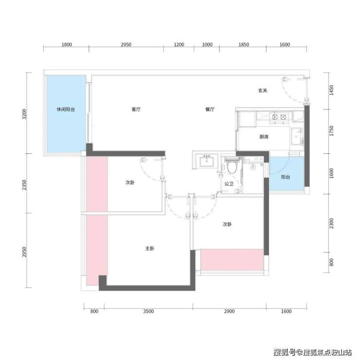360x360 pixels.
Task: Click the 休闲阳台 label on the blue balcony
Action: pyautogui.click(x=66, y=109)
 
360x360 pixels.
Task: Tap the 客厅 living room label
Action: pyautogui.click(x=136, y=109)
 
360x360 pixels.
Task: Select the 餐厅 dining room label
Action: pyautogui.click(x=210, y=109)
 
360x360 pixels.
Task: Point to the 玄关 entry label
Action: pyautogui.click(x=263, y=90)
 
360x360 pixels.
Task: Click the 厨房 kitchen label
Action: pyautogui.click(x=264, y=137)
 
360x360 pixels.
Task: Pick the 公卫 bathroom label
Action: pyautogui.click(x=229, y=184)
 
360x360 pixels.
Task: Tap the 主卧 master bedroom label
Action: pyautogui.click(x=150, y=249)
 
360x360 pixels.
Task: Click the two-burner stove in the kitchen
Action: pyautogui.click(x=279, y=117)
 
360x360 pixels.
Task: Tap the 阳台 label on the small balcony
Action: pyautogui.click(x=286, y=177)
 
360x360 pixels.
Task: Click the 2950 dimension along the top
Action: pyautogui.click(x=126, y=44)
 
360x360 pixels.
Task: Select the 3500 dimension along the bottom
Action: pyautogui.click(x=148, y=311)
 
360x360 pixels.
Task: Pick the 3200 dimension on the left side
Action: pyautogui.click(x=24, y=114)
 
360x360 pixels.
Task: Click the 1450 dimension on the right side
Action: pyautogui.click(x=331, y=90)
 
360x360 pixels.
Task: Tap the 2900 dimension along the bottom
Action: pyautogui.click(x=229, y=311)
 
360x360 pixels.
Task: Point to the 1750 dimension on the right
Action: pyautogui.click(x=331, y=131)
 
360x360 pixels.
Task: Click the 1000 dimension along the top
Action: pyautogui.click(x=207, y=44)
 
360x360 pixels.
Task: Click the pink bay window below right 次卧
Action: pyautogui.click(x=232, y=260)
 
